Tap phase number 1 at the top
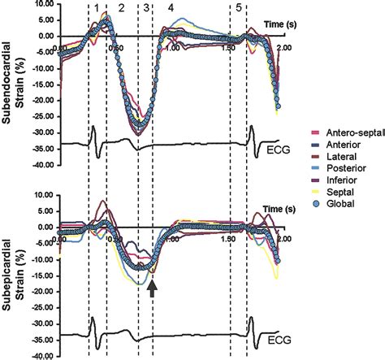[x=97, y=7]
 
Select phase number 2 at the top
[x=122, y=7]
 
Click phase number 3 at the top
[x=145, y=7]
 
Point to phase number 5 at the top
[x=238, y=7]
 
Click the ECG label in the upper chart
[x=276, y=149]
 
